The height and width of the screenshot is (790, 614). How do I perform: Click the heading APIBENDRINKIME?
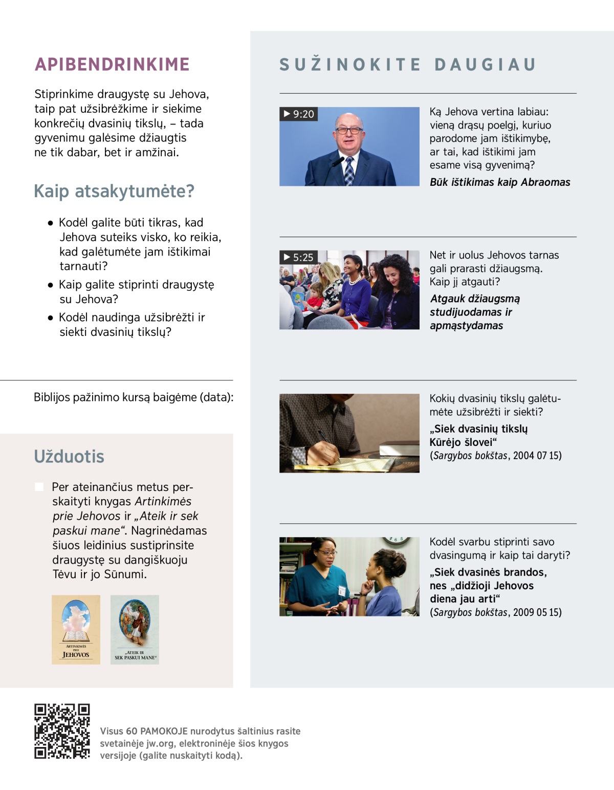tap(112, 65)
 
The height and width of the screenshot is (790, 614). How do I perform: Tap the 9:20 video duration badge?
tap(299, 114)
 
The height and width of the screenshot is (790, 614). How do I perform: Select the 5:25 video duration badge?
tap(299, 257)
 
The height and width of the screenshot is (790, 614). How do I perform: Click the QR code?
tap(62, 731)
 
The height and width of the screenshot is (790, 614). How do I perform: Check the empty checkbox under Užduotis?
tap(39, 486)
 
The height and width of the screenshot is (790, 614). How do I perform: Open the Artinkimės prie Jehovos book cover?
tap(76, 629)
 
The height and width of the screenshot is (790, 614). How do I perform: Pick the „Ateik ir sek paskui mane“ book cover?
tap(135, 629)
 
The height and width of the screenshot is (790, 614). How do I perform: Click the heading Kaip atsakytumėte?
tap(114, 191)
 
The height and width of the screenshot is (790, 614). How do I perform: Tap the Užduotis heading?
tap(69, 456)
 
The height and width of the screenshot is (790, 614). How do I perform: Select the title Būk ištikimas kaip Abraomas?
tap(500, 182)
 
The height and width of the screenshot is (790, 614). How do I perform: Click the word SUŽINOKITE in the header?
tap(350, 65)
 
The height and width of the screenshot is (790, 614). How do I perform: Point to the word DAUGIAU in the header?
tap(485, 65)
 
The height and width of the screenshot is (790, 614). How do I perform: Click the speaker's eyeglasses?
tap(348, 130)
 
